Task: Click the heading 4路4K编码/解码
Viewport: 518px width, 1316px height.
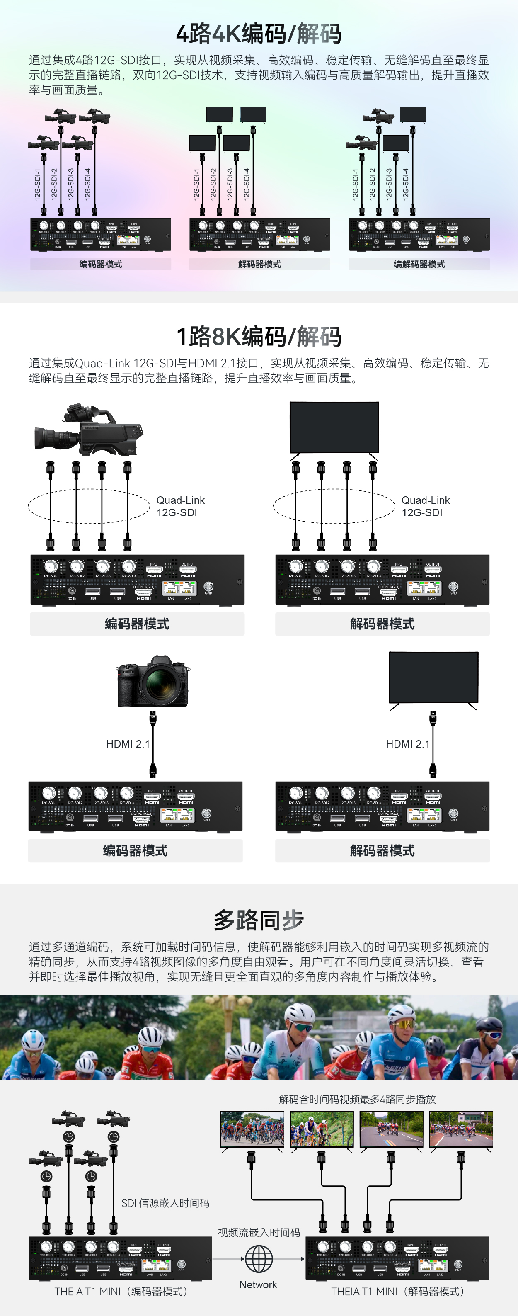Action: click(x=259, y=34)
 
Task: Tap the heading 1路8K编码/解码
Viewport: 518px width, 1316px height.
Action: click(x=259, y=337)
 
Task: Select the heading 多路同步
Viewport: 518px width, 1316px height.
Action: click(x=259, y=920)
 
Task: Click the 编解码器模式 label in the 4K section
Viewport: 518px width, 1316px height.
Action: click(x=419, y=264)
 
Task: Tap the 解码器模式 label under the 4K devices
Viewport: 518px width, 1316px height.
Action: click(x=259, y=264)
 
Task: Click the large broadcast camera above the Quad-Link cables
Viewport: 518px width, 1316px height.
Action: click(x=88, y=430)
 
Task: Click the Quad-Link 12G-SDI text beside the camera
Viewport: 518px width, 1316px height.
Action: click(x=180, y=506)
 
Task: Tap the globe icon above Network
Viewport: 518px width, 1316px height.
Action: click(x=259, y=1259)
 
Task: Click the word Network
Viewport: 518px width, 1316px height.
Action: click(x=258, y=1285)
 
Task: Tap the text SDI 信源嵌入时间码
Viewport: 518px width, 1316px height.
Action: click(x=165, y=1203)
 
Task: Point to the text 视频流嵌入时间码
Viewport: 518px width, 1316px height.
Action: click(x=259, y=1233)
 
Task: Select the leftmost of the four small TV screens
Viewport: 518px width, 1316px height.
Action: click(x=252, y=1129)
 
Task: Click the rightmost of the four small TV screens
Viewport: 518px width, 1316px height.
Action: click(x=461, y=1129)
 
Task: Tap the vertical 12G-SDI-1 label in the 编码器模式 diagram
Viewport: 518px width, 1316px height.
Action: click(x=37, y=184)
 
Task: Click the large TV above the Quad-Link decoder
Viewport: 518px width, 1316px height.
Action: click(x=334, y=427)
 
